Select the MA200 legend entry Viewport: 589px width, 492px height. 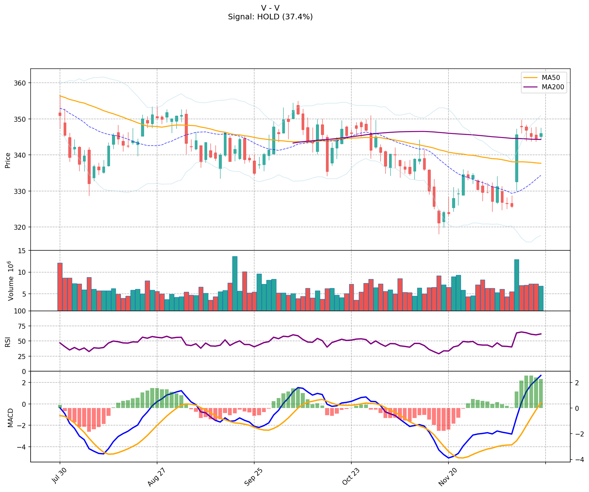[x=553, y=87]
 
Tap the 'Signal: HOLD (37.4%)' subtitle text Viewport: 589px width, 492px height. [x=270, y=17]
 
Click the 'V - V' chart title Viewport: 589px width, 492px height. [x=270, y=8]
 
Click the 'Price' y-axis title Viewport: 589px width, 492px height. [x=8, y=160]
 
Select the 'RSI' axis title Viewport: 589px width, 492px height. [x=8, y=342]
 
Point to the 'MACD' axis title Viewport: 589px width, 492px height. [x=10, y=418]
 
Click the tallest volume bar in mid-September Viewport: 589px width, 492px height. [x=235, y=283]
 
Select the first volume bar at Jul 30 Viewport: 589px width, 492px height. [x=60, y=287]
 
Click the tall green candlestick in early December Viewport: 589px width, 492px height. [x=517, y=158]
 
